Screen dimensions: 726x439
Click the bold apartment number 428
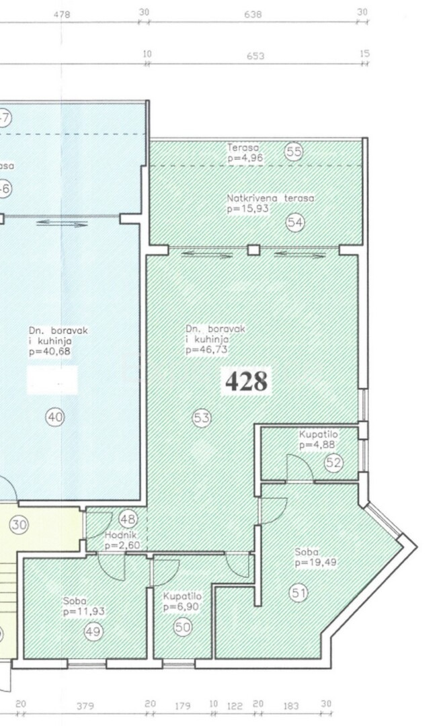click(246, 381)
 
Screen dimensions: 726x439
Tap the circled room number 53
click(202, 418)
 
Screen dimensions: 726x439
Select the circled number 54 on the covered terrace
click(295, 223)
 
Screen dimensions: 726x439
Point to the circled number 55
click(294, 152)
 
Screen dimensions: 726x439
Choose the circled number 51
click(298, 592)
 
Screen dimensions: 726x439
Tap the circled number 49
click(93, 631)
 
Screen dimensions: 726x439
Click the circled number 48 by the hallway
click(128, 518)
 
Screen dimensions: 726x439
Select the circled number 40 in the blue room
click(55, 417)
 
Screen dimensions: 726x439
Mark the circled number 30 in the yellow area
click(19, 524)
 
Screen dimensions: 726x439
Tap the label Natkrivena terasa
click(270, 198)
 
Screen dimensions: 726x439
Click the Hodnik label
click(120, 535)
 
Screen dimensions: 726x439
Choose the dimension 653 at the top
click(255, 56)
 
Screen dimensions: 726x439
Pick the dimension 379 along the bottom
click(85, 706)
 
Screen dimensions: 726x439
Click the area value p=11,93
click(85, 612)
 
